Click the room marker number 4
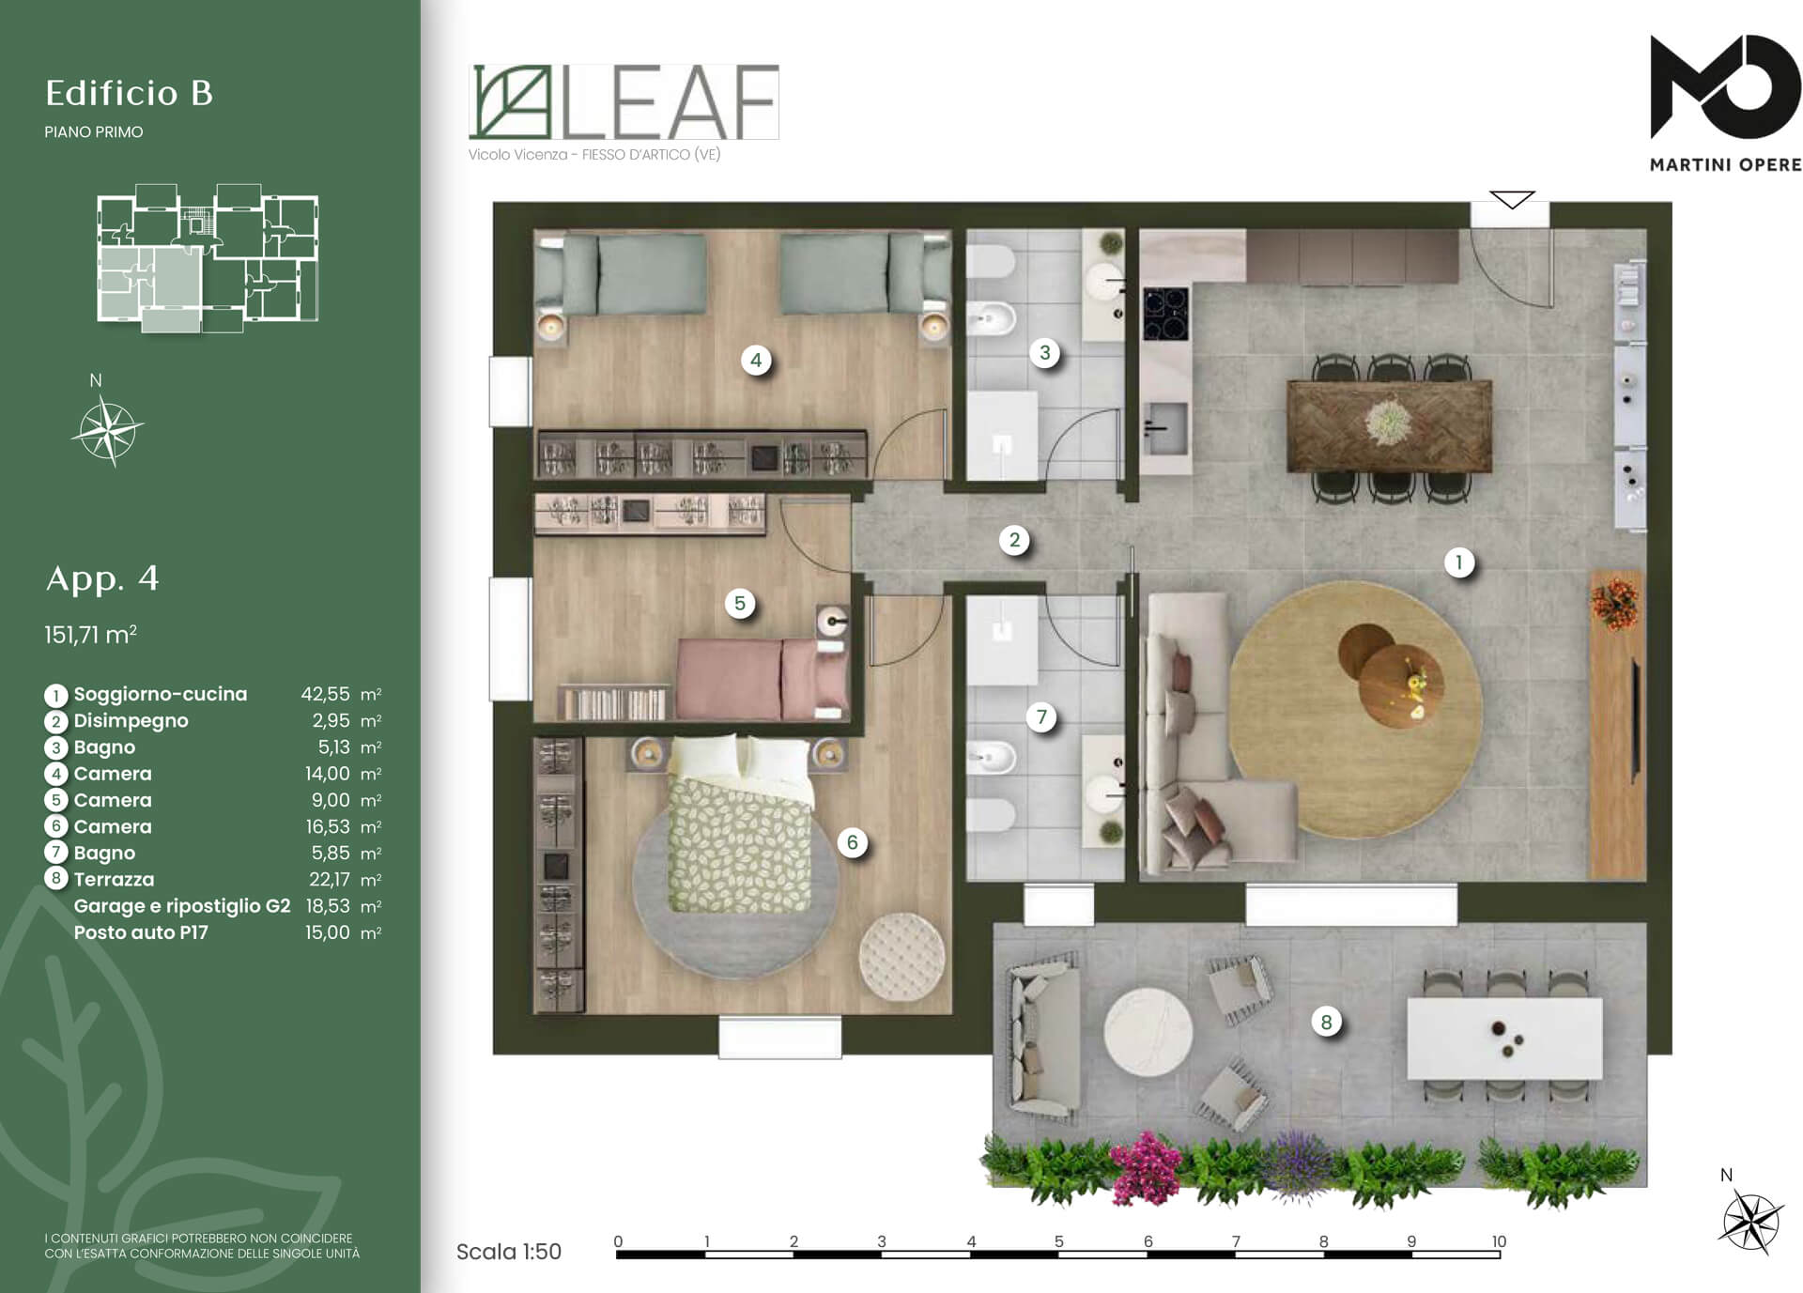(756, 360)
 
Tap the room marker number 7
(1041, 717)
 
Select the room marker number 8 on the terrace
(1326, 1022)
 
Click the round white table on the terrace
(1148, 1032)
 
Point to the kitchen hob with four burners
(1165, 314)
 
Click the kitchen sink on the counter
(1165, 427)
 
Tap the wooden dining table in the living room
(1390, 425)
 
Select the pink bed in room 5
(762, 679)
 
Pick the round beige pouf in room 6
(901, 955)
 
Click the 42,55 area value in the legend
(325, 694)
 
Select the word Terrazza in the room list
(114, 880)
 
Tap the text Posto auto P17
(141, 932)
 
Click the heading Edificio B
(130, 93)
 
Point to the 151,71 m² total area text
(90, 635)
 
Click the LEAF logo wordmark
(624, 102)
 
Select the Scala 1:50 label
(508, 1252)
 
